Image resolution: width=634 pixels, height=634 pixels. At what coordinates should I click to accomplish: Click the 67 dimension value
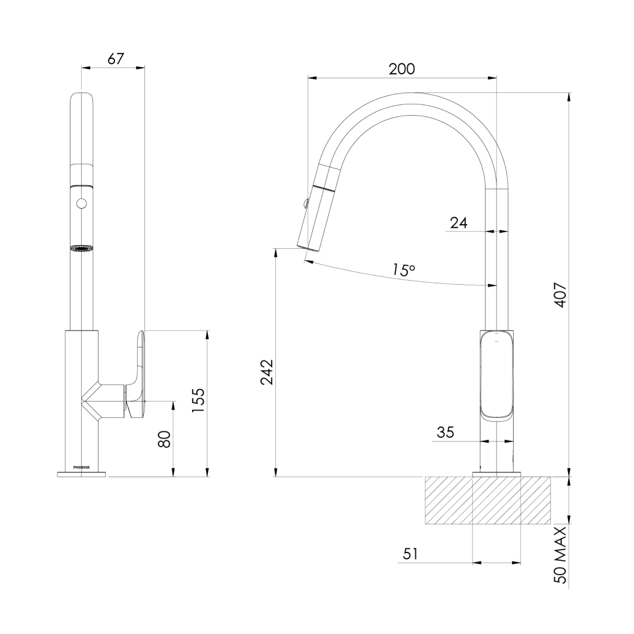[116, 59]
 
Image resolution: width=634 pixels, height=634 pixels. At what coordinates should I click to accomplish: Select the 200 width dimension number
[402, 69]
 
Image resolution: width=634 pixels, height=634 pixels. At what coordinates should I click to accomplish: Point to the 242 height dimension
[267, 372]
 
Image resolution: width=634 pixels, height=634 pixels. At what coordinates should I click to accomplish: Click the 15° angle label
[404, 270]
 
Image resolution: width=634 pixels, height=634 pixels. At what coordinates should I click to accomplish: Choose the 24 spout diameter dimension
[458, 222]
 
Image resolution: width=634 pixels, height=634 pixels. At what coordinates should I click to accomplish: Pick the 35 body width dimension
[445, 433]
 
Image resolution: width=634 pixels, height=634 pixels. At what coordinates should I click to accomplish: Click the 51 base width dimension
[410, 554]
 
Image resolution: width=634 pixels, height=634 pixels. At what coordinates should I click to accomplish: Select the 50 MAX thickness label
[560, 555]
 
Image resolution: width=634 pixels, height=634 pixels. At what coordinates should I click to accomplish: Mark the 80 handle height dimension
[165, 439]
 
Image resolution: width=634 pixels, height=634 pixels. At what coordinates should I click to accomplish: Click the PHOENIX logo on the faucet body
[82, 467]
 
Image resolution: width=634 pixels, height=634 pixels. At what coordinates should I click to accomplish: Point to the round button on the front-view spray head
[81, 204]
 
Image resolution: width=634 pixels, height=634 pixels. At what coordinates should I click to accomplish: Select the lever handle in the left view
[137, 376]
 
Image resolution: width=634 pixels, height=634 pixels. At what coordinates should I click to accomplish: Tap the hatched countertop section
[487, 500]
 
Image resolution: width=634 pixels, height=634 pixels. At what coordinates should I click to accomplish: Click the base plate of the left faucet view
[82, 474]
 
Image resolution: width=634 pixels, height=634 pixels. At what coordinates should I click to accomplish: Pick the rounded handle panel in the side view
[497, 376]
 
